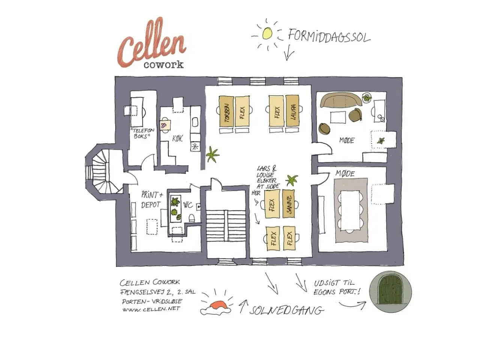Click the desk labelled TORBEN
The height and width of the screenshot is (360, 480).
pyautogui.click(x=226, y=111)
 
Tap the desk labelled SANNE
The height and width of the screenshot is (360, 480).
pyautogui.click(x=288, y=204)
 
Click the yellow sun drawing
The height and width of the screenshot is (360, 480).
pyautogui.click(x=267, y=33)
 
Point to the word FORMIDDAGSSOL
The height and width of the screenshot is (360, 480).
pyautogui.click(x=329, y=36)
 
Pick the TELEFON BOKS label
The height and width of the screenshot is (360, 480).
pyautogui.click(x=142, y=133)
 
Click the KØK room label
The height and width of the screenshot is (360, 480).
pyautogui.click(x=177, y=138)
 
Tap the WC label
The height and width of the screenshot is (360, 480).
pyautogui.click(x=188, y=205)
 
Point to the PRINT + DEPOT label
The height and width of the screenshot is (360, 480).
pyautogui.click(x=151, y=200)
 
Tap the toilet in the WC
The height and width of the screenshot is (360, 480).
pyautogui.click(x=191, y=217)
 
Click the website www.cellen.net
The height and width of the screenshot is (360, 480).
pyautogui.click(x=151, y=309)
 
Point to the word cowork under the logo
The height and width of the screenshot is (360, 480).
pyautogui.click(x=163, y=64)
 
